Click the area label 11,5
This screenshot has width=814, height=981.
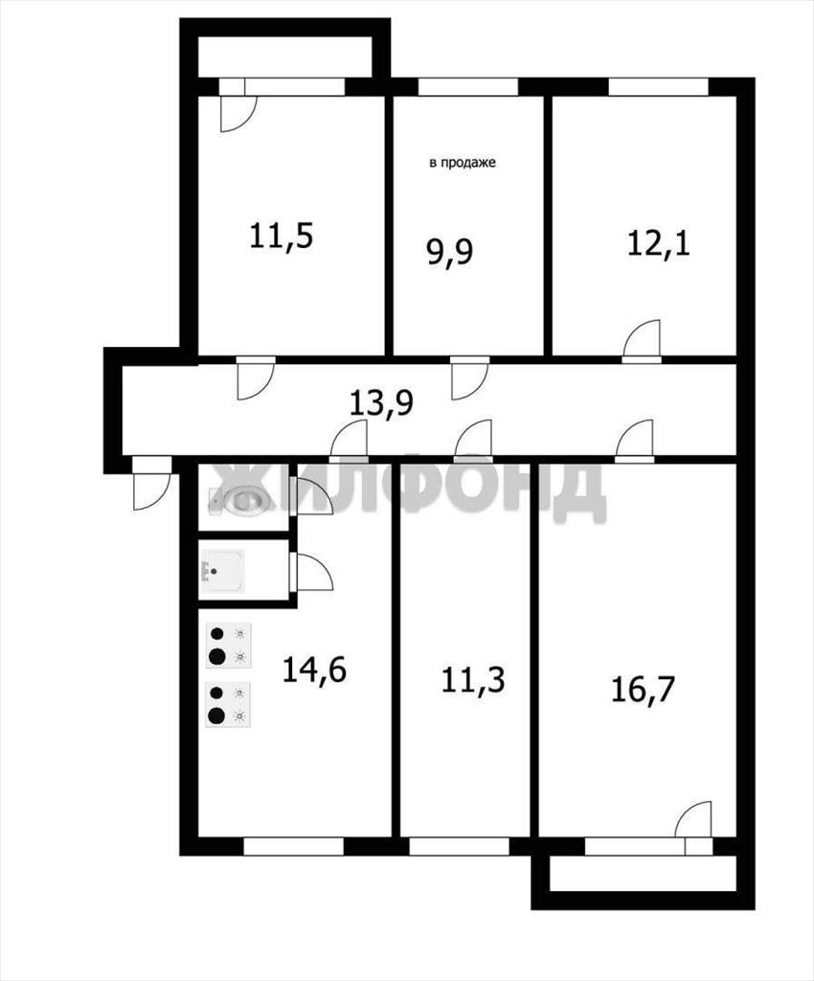click(281, 238)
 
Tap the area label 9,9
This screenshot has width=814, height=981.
click(450, 253)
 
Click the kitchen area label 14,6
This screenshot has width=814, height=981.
click(314, 670)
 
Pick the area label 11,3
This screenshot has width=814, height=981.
click(473, 681)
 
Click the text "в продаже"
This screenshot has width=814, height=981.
click(463, 163)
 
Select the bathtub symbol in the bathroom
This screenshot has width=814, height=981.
click(222, 571)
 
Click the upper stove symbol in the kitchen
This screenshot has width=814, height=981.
click(229, 646)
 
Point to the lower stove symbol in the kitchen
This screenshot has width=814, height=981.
click(229, 704)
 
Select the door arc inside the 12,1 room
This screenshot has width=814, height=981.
click(642, 341)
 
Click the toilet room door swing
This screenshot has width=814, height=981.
click(315, 497)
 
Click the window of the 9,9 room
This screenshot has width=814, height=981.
click(468, 87)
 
